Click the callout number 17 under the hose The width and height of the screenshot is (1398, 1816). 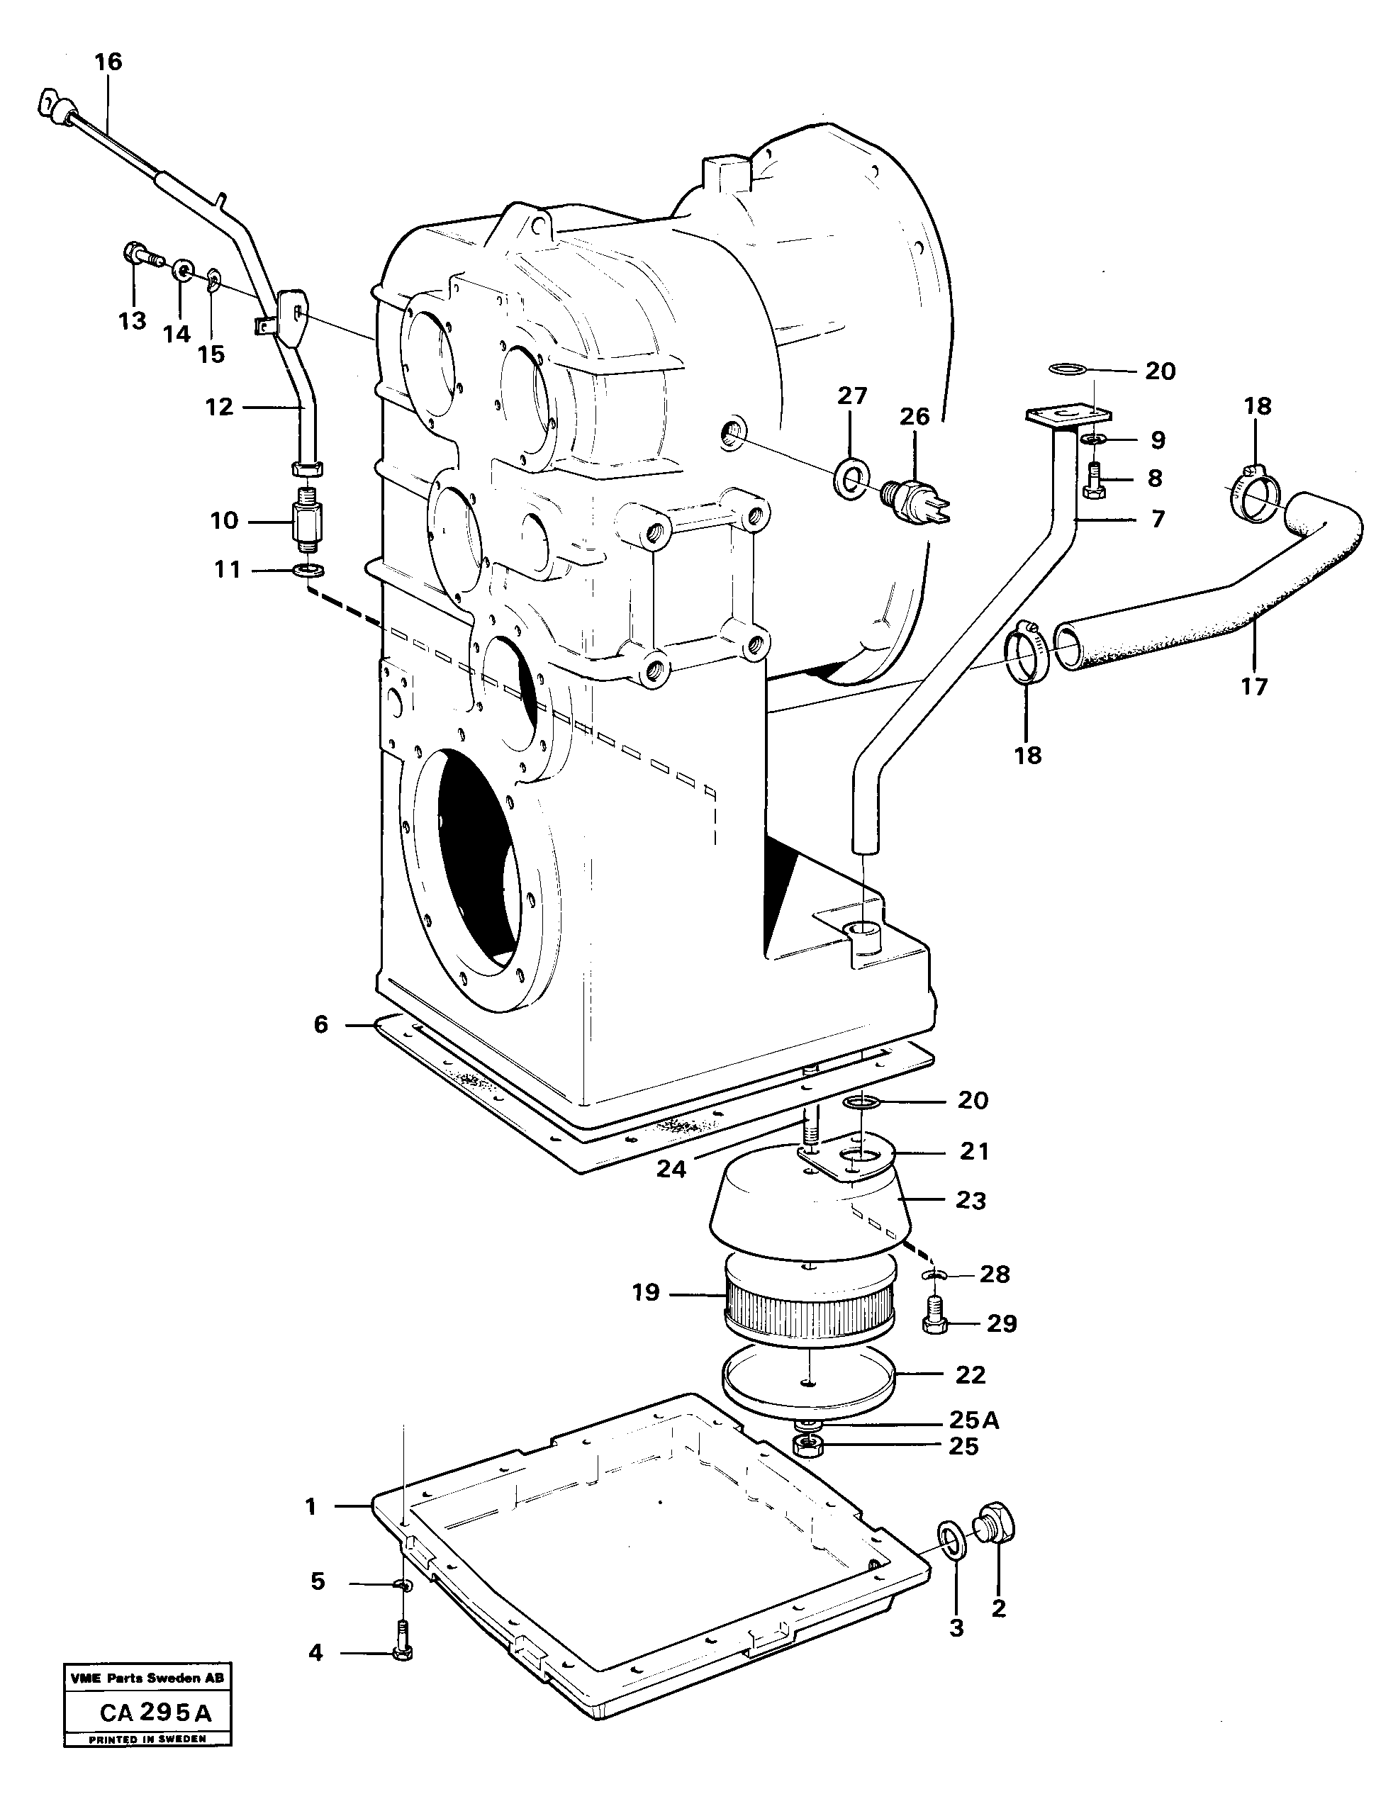pos(1253,686)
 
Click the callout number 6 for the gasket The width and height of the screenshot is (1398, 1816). pos(321,1024)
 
